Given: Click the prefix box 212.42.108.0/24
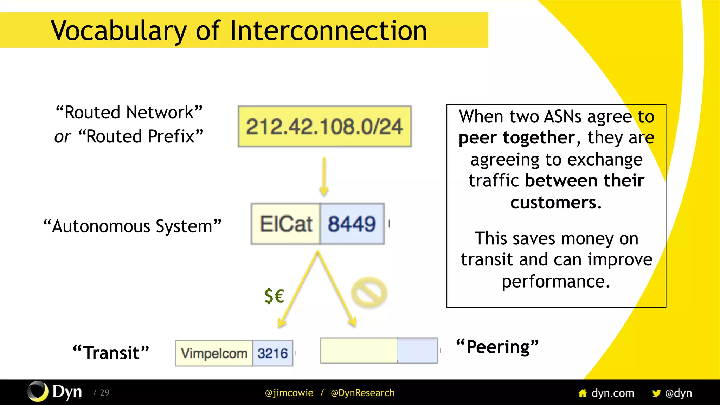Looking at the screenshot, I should pos(324,127).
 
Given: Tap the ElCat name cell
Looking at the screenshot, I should pos(285,224).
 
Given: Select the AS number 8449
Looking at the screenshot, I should pos(352,224).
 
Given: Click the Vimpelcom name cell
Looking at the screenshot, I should pos(214,353).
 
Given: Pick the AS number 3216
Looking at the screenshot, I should pos(272,353).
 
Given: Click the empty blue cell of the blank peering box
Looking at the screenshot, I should pos(417,351).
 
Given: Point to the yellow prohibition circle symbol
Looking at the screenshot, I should pos(369,292).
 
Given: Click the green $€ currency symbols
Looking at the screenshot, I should pos(274,296).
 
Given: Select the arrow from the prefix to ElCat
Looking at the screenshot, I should pos(324,176).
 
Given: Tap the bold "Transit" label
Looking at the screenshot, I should pos(111,353).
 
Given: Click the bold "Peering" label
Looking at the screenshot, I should pos(497,347).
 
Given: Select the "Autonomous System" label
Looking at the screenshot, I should pos(132,226).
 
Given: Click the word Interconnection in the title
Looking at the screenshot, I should pos(328,31).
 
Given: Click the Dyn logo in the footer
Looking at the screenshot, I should pos(55,392).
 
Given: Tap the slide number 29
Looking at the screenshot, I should pos(104,393).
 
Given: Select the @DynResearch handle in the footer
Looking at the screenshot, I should pos(362,393).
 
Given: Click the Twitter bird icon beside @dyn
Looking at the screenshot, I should pos(656,393).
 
